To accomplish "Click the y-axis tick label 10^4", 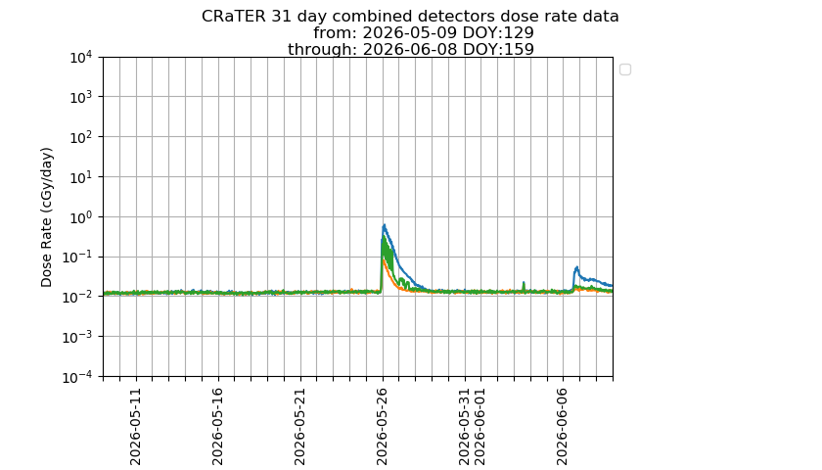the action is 81,57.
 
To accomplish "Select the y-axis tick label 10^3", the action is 81,97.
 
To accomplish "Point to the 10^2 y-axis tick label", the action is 81,136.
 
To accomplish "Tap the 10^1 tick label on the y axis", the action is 81,177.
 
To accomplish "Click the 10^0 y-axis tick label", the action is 81,216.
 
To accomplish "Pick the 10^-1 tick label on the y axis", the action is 78,257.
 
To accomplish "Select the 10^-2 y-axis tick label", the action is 78,297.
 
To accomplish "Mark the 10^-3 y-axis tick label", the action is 78,337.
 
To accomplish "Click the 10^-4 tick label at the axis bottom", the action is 78,377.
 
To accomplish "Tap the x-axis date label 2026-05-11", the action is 135,427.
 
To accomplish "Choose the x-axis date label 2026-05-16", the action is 217,427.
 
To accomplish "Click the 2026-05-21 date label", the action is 299,427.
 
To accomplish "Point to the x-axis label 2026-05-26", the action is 383,427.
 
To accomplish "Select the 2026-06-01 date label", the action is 480,427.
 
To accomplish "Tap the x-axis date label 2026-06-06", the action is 563,427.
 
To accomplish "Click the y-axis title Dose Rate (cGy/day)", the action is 47,217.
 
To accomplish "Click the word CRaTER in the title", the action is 234,17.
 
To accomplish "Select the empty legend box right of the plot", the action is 625,70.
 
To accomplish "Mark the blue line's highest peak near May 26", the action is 385,225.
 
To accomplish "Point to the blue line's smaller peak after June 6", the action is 577,267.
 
